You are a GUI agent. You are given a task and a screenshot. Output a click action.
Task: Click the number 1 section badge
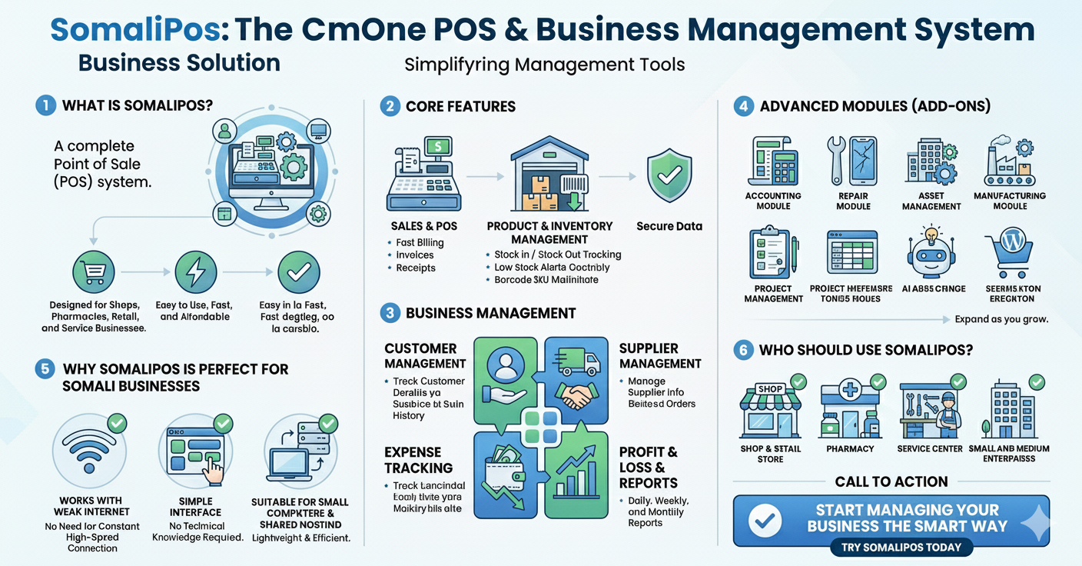click(46, 105)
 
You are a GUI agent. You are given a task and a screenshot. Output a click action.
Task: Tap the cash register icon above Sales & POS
click(423, 174)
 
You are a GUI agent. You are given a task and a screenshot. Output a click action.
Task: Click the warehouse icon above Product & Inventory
click(549, 175)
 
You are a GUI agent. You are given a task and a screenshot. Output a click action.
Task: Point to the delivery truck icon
click(579, 361)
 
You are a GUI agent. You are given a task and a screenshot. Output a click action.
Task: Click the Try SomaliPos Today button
click(901, 548)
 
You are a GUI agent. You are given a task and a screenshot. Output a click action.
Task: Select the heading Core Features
click(460, 106)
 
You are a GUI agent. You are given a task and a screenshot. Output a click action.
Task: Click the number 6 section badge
click(742, 350)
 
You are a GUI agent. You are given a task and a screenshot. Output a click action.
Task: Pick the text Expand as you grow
click(1001, 319)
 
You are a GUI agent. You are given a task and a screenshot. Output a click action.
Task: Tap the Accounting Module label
click(773, 201)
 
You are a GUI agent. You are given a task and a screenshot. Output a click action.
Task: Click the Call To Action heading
click(891, 482)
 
